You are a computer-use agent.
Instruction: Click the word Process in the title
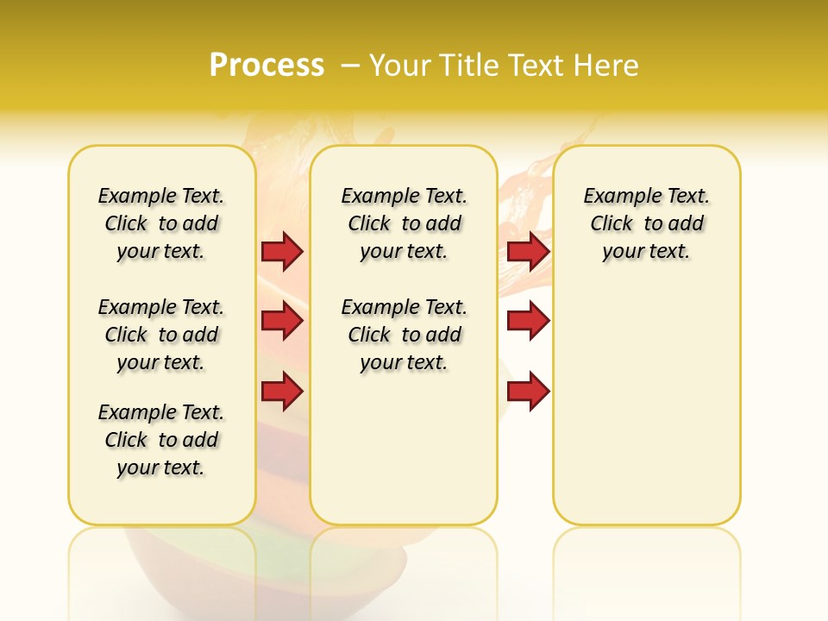pyautogui.click(x=267, y=65)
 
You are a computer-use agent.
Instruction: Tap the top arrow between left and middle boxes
pyautogui.click(x=282, y=251)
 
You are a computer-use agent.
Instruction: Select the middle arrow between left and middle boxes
pyautogui.click(x=282, y=321)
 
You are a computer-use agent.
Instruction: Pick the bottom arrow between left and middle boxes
pyautogui.click(x=282, y=392)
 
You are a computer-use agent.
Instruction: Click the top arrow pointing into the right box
pyautogui.click(x=528, y=251)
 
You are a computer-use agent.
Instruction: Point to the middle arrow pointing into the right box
pyautogui.click(x=528, y=321)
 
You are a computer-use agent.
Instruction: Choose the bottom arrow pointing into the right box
pyautogui.click(x=528, y=392)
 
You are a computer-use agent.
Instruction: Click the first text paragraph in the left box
pyautogui.click(x=161, y=223)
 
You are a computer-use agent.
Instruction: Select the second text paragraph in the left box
pyautogui.click(x=161, y=335)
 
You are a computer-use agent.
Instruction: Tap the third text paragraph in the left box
pyautogui.click(x=161, y=440)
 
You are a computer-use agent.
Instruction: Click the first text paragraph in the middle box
pyautogui.click(x=404, y=223)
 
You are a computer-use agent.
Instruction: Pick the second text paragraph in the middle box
pyautogui.click(x=404, y=335)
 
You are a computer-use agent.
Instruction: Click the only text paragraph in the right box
pyautogui.click(x=646, y=223)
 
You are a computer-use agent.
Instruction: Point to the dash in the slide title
pyautogui.click(x=350, y=66)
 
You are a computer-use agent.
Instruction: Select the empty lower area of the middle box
pyautogui.click(x=404, y=448)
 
